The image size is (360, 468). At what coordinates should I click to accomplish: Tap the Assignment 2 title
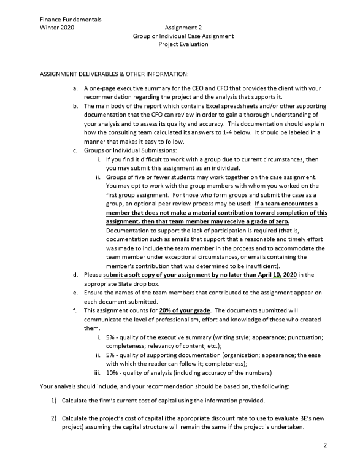(183, 28)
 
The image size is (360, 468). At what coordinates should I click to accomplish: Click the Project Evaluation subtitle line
(183, 44)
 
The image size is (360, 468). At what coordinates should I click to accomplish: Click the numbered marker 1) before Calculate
(53, 401)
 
